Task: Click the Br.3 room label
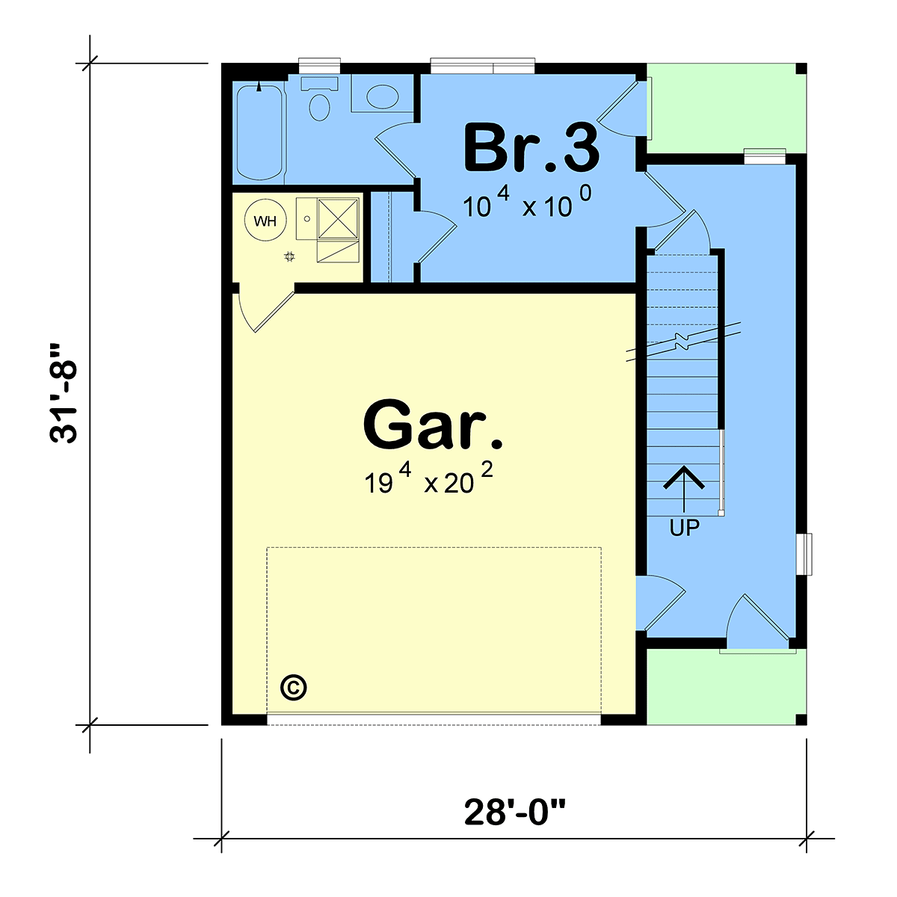pos(531,147)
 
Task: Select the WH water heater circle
pos(265,221)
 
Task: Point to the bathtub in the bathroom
pos(259,132)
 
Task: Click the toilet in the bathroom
pos(319,99)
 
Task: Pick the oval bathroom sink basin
pos(382,96)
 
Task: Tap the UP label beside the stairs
pos(684,528)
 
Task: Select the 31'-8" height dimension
pos(64,394)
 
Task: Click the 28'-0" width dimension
pos(514,813)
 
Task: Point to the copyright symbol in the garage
pos(294,687)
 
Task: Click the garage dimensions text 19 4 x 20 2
pos(428,480)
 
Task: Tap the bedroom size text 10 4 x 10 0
pos(527,202)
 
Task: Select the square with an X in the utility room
pos(338,219)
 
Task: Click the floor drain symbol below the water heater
pos(289,256)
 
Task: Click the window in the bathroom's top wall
pos(319,66)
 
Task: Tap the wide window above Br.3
pos(483,66)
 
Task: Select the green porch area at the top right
pos(726,108)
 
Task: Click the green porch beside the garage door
pos(726,687)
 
